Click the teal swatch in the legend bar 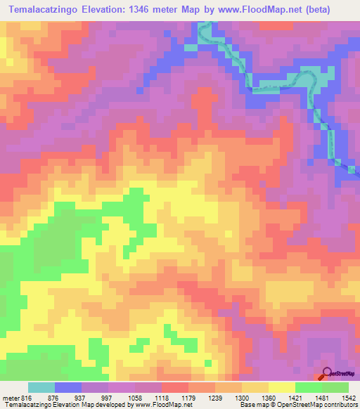click(x=41, y=387)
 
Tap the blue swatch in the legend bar click(x=68, y=387)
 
